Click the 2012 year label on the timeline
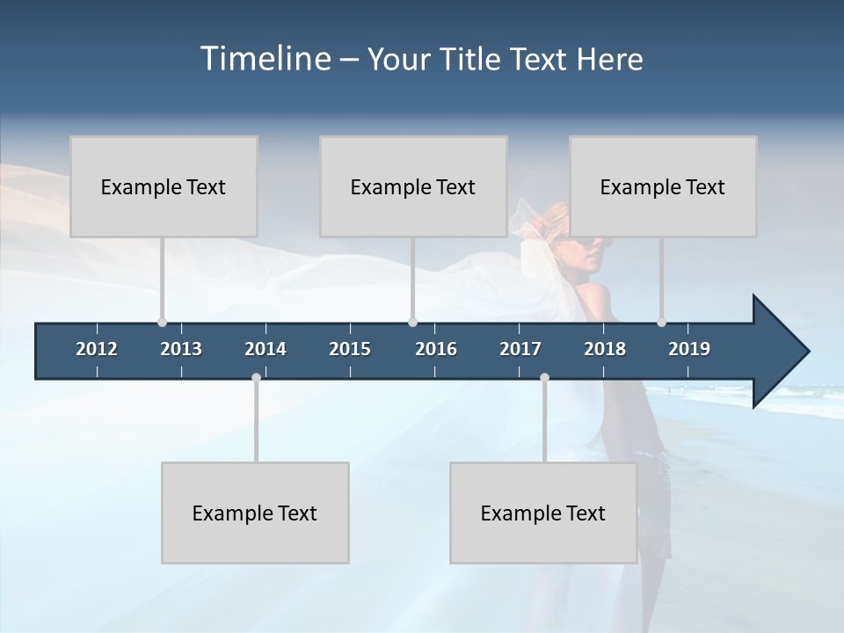(x=97, y=349)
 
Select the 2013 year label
(x=181, y=349)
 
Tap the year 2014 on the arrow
(x=266, y=349)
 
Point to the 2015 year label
(x=350, y=349)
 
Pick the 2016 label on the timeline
(x=436, y=349)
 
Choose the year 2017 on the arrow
(x=520, y=349)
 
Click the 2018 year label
(x=605, y=349)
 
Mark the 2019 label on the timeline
(x=689, y=349)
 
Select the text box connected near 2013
(x=164, y=186)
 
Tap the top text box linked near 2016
(x=413, y=186)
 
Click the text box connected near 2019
(x=663, y=186)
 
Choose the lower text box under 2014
(x=255, y=513)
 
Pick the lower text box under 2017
(x=543, y=513)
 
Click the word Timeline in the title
(x=265, y=58)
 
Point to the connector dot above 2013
(x=162, y=322)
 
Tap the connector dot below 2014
(x=256, y=378)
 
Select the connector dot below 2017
(x=544, y=378)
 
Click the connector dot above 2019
(x=661, y=322)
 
